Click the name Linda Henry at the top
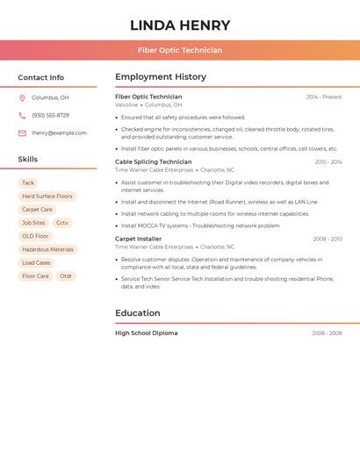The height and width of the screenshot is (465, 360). click(180, 25)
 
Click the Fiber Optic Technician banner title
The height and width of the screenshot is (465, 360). click(180, 50)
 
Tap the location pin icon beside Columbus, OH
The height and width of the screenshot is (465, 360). click(22, 98)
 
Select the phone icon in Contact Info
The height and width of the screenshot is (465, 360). click(22, 116)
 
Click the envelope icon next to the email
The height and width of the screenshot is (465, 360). click(22, 133)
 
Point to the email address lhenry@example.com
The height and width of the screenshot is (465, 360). click(59, 133)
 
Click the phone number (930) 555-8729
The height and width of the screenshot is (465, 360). click(50, 116)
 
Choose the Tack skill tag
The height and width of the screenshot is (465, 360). click(28, 183)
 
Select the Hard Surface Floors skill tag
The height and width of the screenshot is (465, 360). click(47, 197)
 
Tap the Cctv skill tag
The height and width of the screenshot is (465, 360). click(62, 223)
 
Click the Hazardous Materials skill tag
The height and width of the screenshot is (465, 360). click(47, 250)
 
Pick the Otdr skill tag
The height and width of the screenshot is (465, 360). click(66, 276)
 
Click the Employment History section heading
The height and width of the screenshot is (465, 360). click(161, 77)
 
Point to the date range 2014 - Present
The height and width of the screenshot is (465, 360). click(324, 97)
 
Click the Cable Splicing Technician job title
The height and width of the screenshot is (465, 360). click(154, 162)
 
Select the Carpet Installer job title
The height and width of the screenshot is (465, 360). click(139, 239)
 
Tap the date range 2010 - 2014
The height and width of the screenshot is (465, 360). click(328, 162)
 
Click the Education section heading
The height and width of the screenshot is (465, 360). click(138, 313)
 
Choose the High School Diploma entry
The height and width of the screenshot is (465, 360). click(147, 333)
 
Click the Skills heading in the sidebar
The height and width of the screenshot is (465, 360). click(28, 160)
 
